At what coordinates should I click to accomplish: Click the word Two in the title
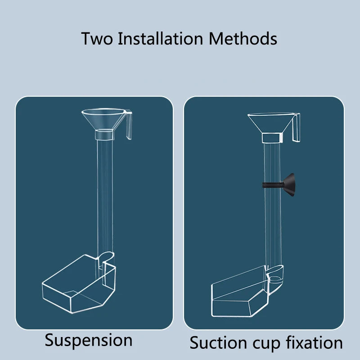coord(97,39)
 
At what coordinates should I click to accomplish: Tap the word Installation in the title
coord(160,38)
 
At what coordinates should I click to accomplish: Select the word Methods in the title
coord(243,38)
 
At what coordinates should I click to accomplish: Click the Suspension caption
coord(89,341)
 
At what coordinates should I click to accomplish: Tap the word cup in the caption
coord(266,344)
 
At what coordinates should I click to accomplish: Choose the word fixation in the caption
coord(314,342)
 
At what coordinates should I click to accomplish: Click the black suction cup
coord(289,185)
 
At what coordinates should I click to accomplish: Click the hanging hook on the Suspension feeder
coord(129,125)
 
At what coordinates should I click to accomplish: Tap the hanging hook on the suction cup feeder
coord(297,128)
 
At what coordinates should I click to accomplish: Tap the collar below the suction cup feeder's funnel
coord(273,138)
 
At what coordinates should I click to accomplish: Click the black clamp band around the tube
coord(273,185)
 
